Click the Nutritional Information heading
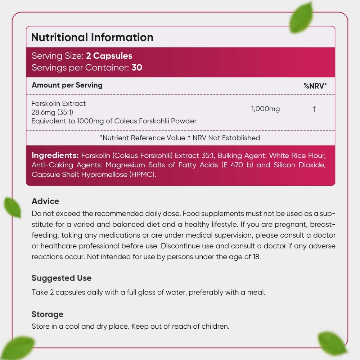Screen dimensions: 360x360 pyautogui.click(x=92, y=37)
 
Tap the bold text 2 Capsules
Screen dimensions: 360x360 pyautogui.click(x=109, y=56)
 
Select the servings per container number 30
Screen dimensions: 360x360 pyautogui.click(x=137, y=67)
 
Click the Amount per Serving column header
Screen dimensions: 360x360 pyautogui.click(x=67, y=85)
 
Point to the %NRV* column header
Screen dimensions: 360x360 pyautogui.click(x=315, y=86)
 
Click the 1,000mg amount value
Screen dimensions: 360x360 pyautogui.click(x=265, y=109)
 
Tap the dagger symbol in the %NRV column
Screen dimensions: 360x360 pyautogui.click(x=314, y=109)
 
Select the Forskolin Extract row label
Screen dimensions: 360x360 pyautogui.click(x=59, y=103)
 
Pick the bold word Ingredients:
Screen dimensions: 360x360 pyautogui.click(x=55, y=156)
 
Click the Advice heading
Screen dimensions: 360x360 pyautogui.click(x=45, y=201)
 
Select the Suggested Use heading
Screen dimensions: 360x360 pyautogui.click(x=62, y=278)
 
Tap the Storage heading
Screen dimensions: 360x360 pyautogui.click(x=48, y=314)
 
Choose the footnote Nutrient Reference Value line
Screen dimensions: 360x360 pyautogui.click(x=180, y=138)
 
